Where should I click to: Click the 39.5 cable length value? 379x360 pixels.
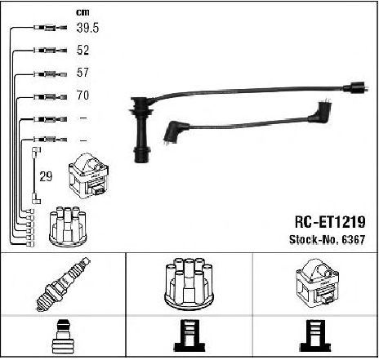(x=87, y=28)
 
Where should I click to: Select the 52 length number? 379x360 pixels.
(x=82, y=50)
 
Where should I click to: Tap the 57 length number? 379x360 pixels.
(x=82, y=73)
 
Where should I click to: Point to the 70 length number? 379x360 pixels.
(x=82, y=96)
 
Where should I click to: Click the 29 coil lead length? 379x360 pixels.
(x=46, y=176)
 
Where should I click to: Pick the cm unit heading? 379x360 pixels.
(x=82, y=12)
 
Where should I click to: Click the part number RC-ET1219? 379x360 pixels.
(x=330, y=222)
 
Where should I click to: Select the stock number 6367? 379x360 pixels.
(x=354, y=239)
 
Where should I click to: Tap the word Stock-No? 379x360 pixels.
(x=314, y=239)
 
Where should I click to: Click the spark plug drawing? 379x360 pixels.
(x=63, y=284)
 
